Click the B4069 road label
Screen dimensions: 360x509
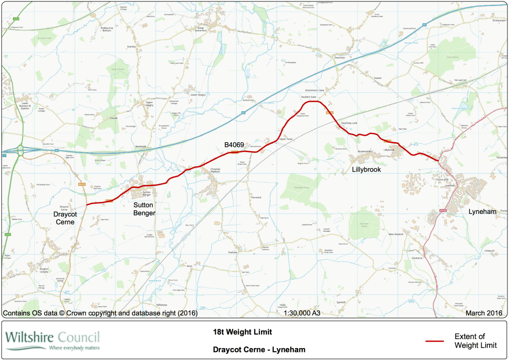click(234, 145)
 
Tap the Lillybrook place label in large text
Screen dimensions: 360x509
click(366, 170)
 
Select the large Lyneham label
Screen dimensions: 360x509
click(482, 211)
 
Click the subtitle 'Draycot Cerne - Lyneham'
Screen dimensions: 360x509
click(259, 350)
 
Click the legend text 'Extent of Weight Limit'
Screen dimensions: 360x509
click(472, 341)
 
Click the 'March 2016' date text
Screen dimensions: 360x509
click(484, 313)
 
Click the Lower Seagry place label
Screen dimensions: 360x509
click(198, 93)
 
